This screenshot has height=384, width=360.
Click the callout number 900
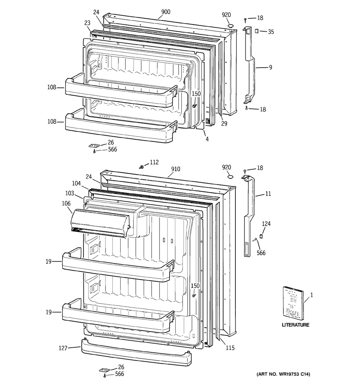click(165, 12)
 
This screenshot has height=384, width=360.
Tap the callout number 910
click(176, 169)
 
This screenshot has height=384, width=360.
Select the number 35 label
click(271, 32)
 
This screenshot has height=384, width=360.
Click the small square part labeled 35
click(257, 31)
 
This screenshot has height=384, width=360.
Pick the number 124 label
click(266, 224)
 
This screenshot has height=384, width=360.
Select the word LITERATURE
click(295, 325)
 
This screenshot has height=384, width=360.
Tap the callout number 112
click(154, 162)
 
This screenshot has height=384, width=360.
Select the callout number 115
click(230, 348)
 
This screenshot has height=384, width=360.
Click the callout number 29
click(224, 123)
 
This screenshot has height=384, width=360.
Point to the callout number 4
click(207, 139)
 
